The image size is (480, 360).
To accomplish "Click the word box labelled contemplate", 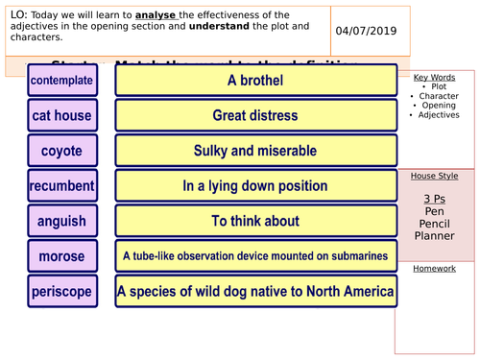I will click(61, 81).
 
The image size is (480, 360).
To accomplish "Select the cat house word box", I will click(61, 116).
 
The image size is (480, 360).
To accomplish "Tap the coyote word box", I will click(61, 151).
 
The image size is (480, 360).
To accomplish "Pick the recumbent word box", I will click(61, 185).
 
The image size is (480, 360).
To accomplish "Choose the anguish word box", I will click(61, 221).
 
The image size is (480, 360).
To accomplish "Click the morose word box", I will click(61, 256).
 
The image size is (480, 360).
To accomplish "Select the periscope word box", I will click(61, 290).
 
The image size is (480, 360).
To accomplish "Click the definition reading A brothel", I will click(255, 81).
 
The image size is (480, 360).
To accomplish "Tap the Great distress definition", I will click(255, 116).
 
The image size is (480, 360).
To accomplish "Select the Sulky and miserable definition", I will click(255, 151).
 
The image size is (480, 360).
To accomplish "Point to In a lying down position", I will click(255, 185).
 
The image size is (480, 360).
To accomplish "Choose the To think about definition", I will click(255, 221).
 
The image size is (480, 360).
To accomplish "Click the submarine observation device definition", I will click(255, 256).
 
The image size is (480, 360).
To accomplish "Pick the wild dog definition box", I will click(255, 290).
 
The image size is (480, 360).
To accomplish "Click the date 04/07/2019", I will click(365, 31).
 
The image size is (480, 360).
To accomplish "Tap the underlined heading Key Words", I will click(434, 77).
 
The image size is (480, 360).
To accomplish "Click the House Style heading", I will click(434, 177).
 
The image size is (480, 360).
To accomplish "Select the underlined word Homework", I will click(434, 269).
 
